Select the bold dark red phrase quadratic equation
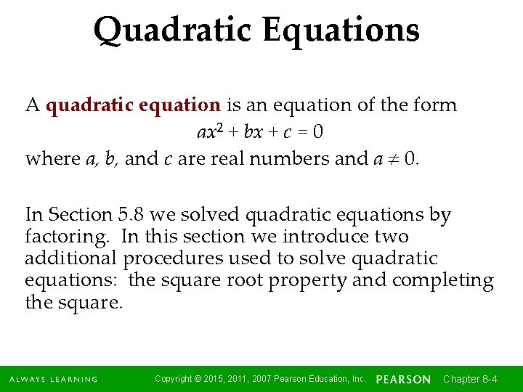[x=133, y=105]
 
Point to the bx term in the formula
[x=254, y=133]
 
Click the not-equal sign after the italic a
[x=390, y=159]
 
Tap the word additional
[x=70, y=258]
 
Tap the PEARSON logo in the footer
[x=403, y=379]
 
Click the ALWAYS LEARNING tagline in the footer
[x=54, y=379]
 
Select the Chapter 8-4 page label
[x=470, y=379]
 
